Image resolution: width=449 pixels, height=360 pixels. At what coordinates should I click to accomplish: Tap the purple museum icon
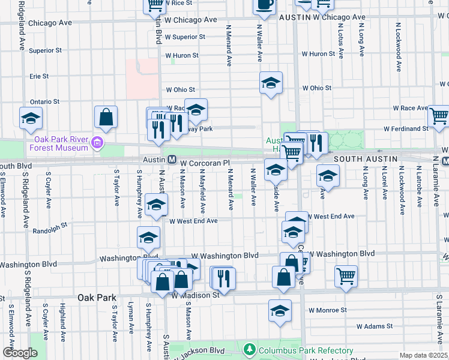pyautogui.click(x=97, y=143)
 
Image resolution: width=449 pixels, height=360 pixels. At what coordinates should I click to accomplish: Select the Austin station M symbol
pyautogui.click(x=172, y=160)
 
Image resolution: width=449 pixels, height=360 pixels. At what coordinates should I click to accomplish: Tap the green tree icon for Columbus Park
pyautogui.click(x=250, y=349)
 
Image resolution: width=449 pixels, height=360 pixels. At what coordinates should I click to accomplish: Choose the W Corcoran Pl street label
pyautogui.click(x=205, y=163)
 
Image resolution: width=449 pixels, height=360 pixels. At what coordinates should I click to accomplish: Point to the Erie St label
pyautogui.click(x=39, y=76)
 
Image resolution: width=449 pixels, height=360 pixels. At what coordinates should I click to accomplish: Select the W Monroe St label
pyautogui.click(x=328, y=310)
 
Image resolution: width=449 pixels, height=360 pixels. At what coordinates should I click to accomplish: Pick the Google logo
pyautogui.click(x=20, y=352)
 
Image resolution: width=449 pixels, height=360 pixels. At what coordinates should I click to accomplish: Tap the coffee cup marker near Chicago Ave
pyautogui.click(x=264, y=5)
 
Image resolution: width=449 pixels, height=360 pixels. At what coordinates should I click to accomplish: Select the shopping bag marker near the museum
pyautogui.click(x=106, y=118)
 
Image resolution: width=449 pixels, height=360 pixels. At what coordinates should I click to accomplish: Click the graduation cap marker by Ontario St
pyautogui.click(x=31, y=119)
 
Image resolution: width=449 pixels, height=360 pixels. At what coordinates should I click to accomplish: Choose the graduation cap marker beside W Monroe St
pyautogui.click(x=280, y=311)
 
